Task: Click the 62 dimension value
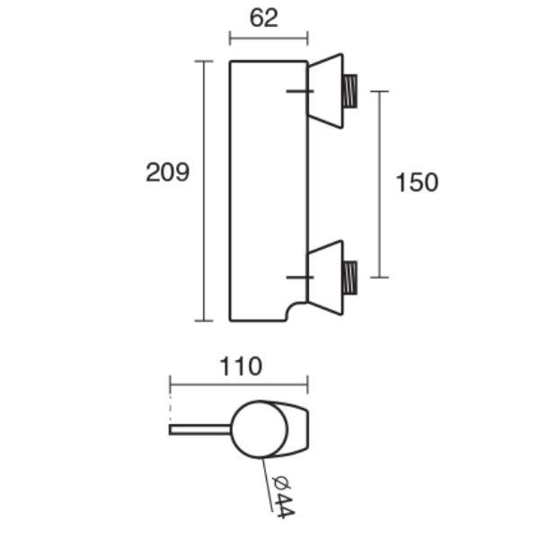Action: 263,18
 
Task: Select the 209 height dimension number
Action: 168,172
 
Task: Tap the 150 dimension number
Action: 417,182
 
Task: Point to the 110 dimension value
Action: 241,367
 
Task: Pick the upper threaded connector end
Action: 350,91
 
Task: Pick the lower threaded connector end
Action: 350,278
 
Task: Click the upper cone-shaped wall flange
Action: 325,91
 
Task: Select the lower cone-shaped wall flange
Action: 325,278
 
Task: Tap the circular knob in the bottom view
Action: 260,429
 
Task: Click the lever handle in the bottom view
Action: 200,429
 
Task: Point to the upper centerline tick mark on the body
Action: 300,91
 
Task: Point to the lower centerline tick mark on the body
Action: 300,277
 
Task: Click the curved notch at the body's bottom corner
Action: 296,312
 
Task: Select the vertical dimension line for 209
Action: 204,190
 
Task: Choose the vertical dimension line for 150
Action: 379,184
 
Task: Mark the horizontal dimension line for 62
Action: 269,38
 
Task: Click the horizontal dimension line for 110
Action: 239,384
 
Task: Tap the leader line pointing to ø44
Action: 268,485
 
